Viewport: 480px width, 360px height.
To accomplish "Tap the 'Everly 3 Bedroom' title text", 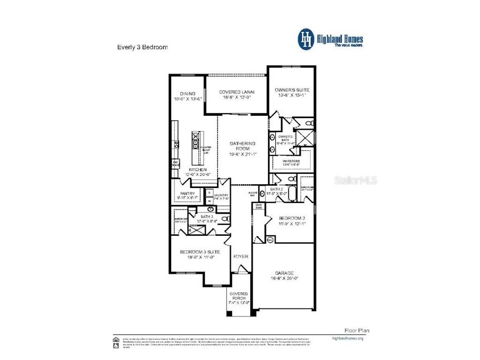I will [142, 47].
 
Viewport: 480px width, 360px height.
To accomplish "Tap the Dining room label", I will [187, 94].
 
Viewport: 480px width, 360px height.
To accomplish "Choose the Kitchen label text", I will [196, 169].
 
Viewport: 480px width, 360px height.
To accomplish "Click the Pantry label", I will [187, 193].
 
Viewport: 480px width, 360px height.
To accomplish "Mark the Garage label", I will [284, 273].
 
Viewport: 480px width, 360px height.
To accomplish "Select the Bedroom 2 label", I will [292, 218].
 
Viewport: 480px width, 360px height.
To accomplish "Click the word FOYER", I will [241, 256].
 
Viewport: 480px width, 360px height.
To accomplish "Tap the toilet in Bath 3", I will [225, 219].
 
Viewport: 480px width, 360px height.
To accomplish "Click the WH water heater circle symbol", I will [270, 240].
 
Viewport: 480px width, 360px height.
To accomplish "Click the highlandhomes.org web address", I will [347, 338].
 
